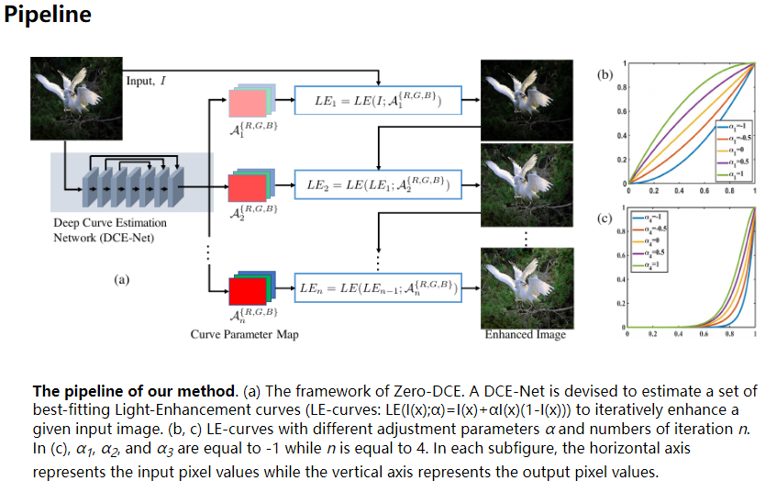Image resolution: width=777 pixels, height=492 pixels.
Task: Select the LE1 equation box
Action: tap(377, 100)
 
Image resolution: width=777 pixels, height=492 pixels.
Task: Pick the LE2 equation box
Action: tap(377, 186)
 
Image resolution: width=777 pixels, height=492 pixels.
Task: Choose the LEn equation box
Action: tap(377, 290)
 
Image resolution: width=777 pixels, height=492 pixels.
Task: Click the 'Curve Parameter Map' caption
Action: tap(244, 335)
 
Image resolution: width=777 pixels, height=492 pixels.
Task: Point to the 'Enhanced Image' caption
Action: tap(525, 334)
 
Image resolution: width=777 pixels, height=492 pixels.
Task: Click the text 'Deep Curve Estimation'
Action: tap(109, 223)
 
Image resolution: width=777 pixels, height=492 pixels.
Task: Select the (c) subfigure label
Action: tap(604, 219)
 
